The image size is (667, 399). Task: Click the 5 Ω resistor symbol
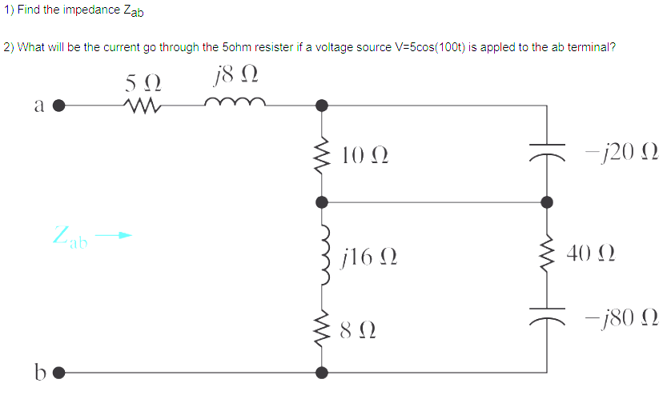143,104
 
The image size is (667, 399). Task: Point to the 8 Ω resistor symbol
322,329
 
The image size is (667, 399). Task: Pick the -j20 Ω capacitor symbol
548,152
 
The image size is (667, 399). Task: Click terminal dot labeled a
58,105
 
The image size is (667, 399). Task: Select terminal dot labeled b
58,373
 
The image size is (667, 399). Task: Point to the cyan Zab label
70,237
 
